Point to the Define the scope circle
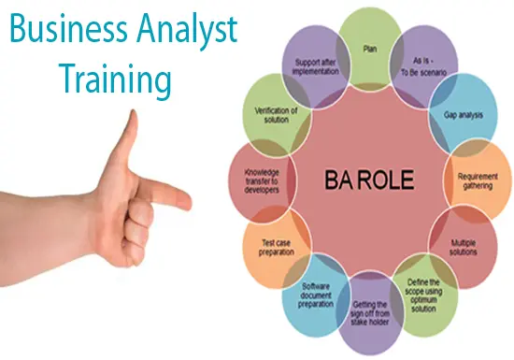425,294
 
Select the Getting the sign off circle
369,313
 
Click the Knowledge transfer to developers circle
261,180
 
